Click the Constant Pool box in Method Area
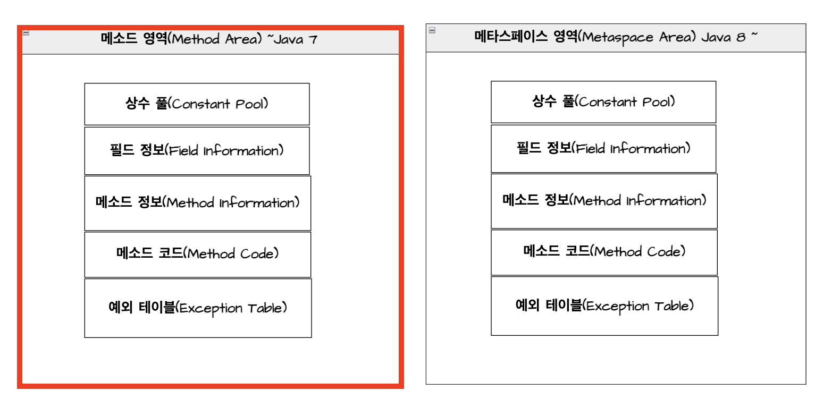coord(197,104)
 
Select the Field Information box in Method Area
coord(197,150)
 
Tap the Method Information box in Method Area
coord(197,202)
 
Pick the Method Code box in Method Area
coord(197,253)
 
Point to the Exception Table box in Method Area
coord(198,308)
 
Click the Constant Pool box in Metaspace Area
coord(603,101)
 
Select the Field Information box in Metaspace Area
coord(603,148)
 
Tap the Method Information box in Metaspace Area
coord(604,200)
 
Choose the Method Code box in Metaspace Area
coord(604,251)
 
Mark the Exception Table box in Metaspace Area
coord(604,306)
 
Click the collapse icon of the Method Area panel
coord(26,33)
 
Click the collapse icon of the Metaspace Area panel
coord(432,30)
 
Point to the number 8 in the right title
coord(741,37)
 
